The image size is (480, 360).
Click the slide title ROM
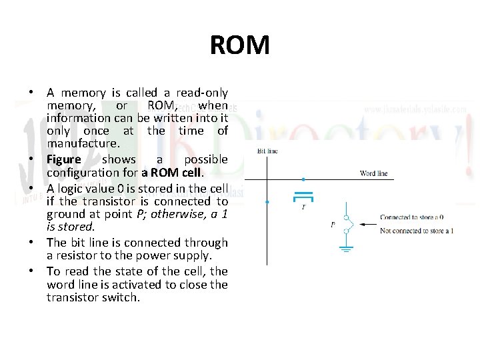(x=239, y=45)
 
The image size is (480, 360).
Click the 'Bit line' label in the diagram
(x=267, y=151)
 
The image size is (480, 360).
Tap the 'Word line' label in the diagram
(x=373, y=173)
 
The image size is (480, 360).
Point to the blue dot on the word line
(x=303, y=179)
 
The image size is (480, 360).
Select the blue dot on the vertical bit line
(x=267, y=201)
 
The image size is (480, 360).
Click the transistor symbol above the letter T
(x=304, y=196)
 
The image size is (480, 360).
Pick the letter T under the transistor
(x=304, y=207)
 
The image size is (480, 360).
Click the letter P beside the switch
(x=333, y=225)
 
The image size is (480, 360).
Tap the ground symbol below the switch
(x=346, y=249)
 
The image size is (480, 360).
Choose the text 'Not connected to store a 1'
(x=417, y=230)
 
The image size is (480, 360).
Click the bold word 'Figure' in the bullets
(x=63, y=160)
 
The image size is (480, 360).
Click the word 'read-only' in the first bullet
(x=201, y=93)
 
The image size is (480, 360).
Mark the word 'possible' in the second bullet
(x=205, y=160)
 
